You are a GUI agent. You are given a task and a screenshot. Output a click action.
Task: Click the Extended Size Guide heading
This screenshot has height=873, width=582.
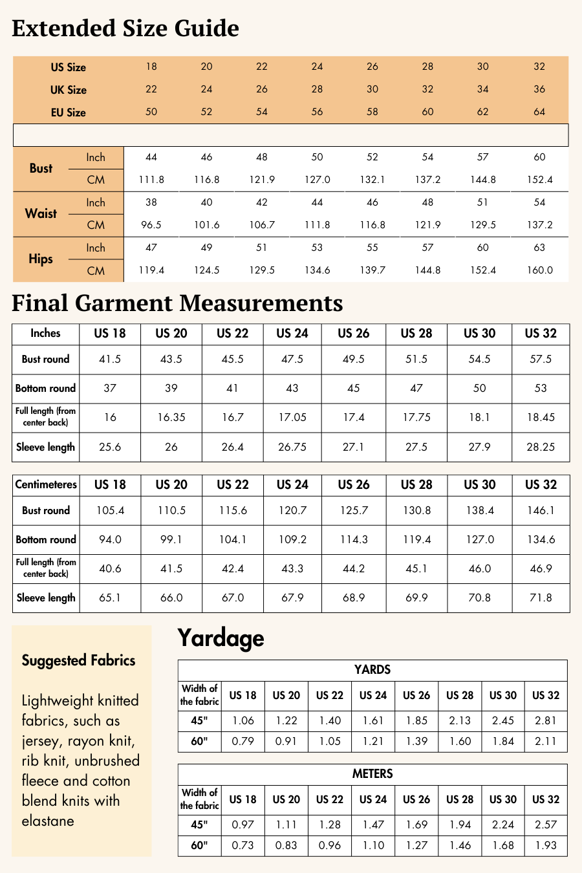(x=125, y=28)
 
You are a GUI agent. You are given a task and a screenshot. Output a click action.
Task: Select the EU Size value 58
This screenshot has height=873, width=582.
(x=372, y=112)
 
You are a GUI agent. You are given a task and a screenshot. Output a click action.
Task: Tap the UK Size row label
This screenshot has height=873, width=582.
(x=69, y=90)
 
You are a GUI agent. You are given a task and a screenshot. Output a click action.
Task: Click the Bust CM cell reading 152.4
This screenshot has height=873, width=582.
(x=539, y=180)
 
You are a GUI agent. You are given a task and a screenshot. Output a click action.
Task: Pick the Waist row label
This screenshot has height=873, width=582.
(x=41, y=213)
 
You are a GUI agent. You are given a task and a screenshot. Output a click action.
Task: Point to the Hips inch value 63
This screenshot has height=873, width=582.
(x=539, y=248)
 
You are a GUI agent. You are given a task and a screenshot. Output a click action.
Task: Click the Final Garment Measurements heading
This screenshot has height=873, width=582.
(x=177, y=303)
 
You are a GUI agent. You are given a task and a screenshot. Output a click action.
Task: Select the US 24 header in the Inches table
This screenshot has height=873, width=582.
(x=292, y=334)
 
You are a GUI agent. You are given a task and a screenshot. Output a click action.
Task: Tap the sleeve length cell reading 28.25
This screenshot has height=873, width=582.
(x=541, y=447)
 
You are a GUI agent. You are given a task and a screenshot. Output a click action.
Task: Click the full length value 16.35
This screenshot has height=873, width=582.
(x=171, y=418)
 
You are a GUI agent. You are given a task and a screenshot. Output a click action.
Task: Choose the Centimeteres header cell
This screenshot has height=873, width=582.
(x=46, y=485)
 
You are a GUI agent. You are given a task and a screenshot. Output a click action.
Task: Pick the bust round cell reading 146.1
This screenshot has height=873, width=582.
(x=541, y=510)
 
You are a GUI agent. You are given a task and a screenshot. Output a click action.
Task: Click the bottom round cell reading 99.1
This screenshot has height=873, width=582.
(x=171, y=539)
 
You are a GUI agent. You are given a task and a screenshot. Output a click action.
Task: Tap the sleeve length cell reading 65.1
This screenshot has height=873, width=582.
(x=110, y=598)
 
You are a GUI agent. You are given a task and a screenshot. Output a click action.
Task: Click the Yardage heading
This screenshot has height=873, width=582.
(x=221, y=638)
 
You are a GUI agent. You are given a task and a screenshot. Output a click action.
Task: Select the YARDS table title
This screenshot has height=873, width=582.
(x=372, y=670)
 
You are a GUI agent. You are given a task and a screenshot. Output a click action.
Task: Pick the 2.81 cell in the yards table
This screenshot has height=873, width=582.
(x=546, y=720)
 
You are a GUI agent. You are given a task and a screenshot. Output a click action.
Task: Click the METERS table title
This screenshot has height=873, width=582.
(x=372, y=774)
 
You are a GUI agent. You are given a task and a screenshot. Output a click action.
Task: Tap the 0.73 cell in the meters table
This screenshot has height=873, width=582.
(x=243, y=845)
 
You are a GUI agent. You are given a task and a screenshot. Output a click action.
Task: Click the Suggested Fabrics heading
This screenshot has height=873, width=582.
(x=79, y=660)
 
